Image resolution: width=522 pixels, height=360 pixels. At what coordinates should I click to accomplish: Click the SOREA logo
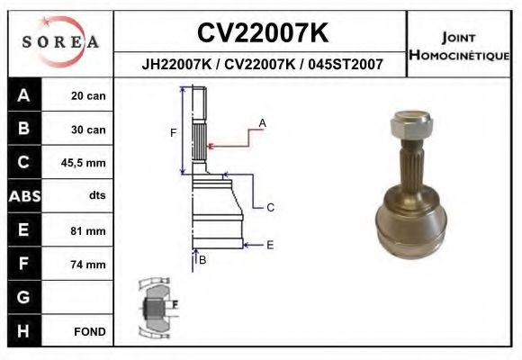point(58,42)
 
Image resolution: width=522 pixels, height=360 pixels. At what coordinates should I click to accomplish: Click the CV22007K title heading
point(262,32)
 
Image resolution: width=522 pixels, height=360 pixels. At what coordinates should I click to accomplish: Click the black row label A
point(23,96)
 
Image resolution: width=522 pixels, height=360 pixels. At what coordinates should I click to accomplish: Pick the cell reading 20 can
point(88,96)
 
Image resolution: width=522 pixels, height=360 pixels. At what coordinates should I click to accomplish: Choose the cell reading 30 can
point(88,130)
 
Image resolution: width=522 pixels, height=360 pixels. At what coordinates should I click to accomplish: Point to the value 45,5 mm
point(88,163)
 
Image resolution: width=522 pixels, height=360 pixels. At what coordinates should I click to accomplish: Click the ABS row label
point(23,196)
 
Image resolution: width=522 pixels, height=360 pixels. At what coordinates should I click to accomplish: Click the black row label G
point(23,297)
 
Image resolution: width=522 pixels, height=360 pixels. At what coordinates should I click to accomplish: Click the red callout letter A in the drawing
point(262,121)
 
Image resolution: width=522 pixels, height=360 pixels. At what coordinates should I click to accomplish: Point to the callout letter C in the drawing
point(269,208)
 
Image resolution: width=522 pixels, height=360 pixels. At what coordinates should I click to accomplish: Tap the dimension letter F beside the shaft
point(173,133)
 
